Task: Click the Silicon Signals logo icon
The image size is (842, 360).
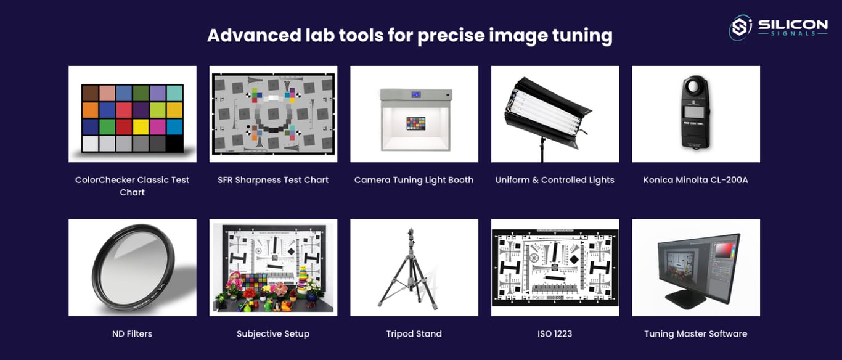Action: click(740, 28)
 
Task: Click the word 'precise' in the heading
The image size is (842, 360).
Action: click(451, 36)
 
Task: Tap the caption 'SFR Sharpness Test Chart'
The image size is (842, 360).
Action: click(273, 180)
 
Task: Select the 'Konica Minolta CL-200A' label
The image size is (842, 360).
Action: click(695, 180)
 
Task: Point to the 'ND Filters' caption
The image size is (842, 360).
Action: click(132, 333)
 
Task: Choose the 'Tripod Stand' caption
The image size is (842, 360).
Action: click(414, 333)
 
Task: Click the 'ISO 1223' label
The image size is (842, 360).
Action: click(554, 333)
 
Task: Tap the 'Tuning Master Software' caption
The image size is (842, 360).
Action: click(695, 334)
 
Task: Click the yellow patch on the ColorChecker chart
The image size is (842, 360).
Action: click(141, 127)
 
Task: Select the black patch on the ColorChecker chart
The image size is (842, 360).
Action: click(174, 144)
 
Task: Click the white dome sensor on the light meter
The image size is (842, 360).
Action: click(695, 86)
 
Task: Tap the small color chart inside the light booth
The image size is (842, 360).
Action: click(415, 123)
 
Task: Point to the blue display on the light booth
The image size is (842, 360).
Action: click(415, 94)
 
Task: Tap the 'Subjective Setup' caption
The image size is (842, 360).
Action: click(273, 334)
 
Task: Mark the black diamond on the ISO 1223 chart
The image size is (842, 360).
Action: click(574, 260)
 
